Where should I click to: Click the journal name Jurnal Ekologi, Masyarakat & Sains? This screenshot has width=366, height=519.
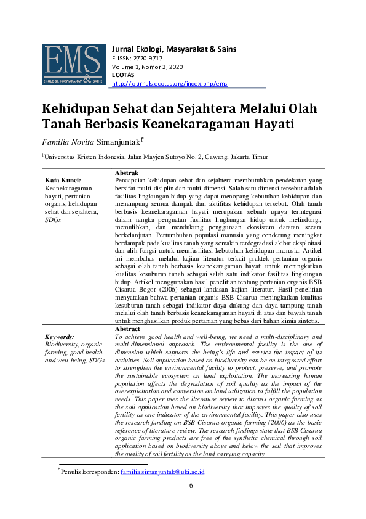174,49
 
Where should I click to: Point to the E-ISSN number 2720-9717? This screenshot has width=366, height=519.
148,58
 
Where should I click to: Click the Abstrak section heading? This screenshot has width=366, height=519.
127,173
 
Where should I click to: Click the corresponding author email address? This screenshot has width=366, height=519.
162,472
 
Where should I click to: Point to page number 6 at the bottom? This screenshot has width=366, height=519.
191,485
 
